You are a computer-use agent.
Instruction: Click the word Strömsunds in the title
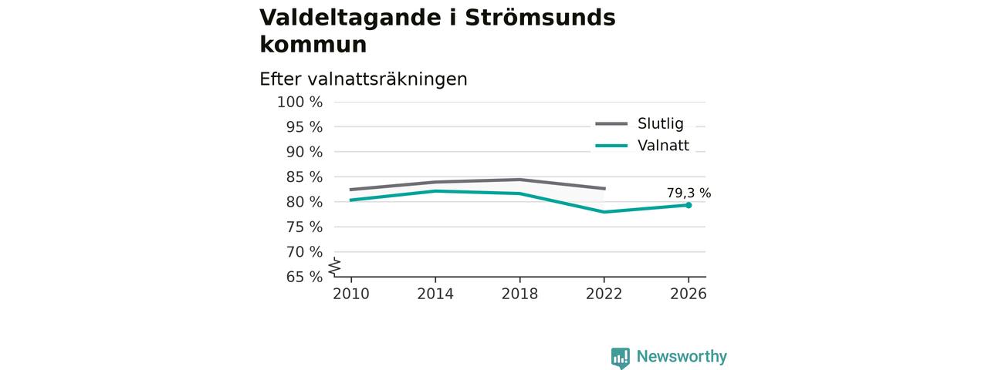coord(540,18)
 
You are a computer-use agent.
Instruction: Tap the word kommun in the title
coord(313,45)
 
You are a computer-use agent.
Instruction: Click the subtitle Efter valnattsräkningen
coord(364,79)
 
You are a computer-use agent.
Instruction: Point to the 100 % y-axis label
coord(300,103)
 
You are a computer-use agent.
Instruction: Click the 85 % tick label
coord(304,177)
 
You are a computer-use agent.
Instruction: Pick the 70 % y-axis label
coord(304,252)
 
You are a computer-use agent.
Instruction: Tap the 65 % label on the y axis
coord(304,277)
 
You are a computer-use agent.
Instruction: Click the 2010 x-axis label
coord(351,294)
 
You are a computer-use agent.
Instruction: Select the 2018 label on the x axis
coord(519,294)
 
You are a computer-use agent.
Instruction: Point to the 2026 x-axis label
coord(689,294)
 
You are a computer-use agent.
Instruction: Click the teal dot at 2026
coord(689,205)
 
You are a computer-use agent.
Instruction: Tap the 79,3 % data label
coord(689,193)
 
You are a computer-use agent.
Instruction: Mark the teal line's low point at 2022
coord(604,212)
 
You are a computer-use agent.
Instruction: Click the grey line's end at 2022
coord(604,189)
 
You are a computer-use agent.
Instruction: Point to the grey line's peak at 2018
coord(520,180)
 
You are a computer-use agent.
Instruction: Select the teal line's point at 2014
coord(435,190)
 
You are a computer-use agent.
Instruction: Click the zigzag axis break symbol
coord(335,267)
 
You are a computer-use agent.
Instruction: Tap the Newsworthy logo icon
coord(620,358)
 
